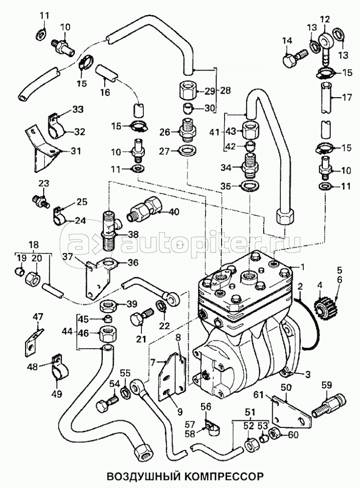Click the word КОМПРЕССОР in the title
click(x=224, y=473)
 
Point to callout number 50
click(x=286, y=388)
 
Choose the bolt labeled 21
click(x=141, y=318)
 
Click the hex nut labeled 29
click(x=188, y=91)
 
